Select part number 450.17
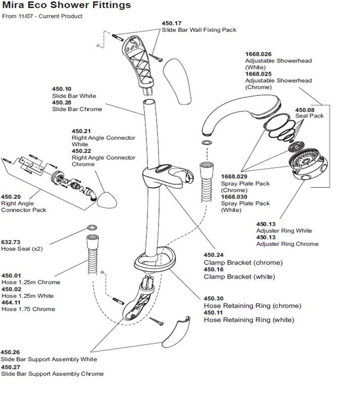171,23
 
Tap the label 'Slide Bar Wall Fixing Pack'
198,29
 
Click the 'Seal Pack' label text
309,116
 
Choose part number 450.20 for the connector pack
11,196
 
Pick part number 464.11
11,302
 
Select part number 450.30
213,298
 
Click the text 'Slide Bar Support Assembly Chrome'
52,374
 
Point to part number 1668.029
234,176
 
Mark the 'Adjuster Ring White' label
284,230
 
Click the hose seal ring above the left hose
94,229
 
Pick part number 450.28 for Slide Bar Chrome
61,103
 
